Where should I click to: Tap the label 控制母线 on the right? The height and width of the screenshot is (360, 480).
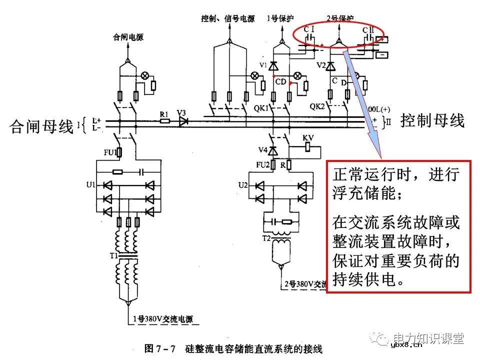point(432,120)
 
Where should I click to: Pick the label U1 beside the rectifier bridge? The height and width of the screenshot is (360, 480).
point(90,185)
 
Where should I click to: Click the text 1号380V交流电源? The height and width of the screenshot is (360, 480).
point(162,319)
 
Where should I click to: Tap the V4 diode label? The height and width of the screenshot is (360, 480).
point(263,150)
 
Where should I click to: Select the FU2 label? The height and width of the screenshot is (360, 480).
point(262,164)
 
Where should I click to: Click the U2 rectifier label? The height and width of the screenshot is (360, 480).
point(243,185)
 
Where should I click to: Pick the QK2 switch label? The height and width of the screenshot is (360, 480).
point(317,106)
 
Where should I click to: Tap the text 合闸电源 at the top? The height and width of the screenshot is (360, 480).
point(128,36)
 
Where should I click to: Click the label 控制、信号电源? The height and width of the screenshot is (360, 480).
point(228,19)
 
